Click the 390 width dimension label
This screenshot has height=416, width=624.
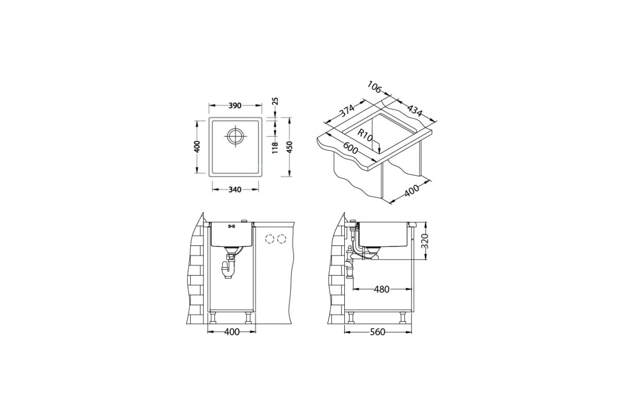[235, 106]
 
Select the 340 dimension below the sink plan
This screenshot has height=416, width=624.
[235, 189]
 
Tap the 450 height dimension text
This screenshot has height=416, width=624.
[290, 147]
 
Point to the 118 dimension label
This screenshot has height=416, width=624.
[275, 148]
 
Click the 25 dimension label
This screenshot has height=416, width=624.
[275, 101]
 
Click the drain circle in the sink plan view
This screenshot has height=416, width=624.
[236, 136]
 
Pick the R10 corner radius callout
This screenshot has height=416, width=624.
[365, 135]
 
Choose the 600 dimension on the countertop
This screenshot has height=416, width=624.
[350, 148]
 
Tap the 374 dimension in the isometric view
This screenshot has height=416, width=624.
[347, 111]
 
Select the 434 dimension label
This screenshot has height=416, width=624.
[415, 110]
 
